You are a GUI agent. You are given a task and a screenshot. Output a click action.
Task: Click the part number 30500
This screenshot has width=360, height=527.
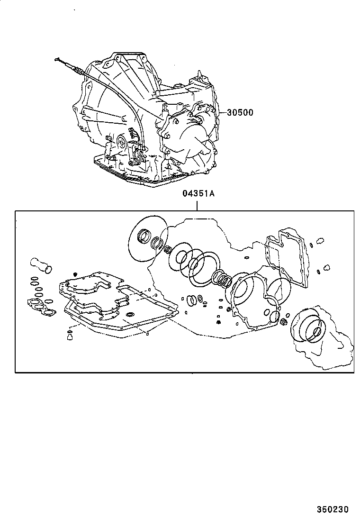point(240,113)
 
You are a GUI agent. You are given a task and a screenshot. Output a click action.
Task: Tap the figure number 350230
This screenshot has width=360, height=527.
point(333,510)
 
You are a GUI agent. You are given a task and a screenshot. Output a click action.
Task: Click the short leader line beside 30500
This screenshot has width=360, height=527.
point(222,113)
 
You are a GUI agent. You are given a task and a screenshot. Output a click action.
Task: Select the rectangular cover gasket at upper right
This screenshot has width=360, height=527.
point(287,256)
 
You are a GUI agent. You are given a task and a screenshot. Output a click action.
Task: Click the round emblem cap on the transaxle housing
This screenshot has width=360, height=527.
point(122,141)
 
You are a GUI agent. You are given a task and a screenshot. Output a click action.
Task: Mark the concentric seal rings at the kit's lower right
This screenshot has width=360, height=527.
point(309,326)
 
